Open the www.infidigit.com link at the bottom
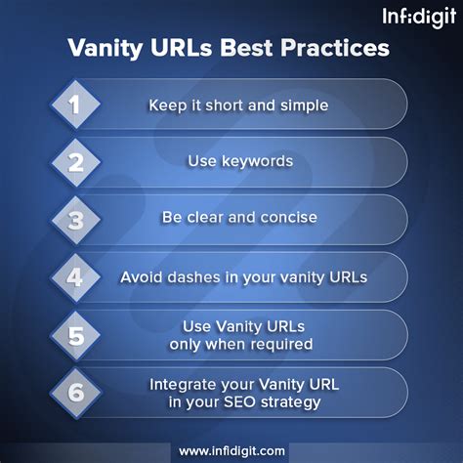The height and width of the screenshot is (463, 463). click(231, 451)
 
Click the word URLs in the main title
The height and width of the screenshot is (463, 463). click(182, 48)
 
